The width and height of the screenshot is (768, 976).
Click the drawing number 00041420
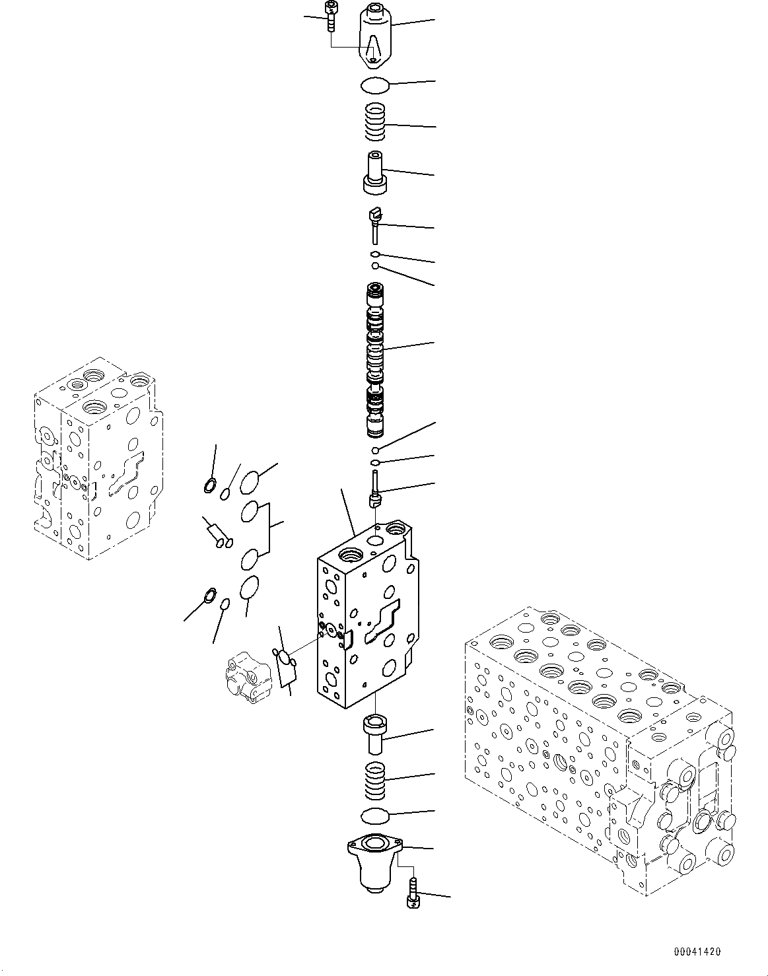[697, 952]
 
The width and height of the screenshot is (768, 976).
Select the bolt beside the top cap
[330, 16]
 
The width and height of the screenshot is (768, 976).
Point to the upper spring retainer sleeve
[376, 172]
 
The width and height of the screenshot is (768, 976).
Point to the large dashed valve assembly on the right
[598, 746]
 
